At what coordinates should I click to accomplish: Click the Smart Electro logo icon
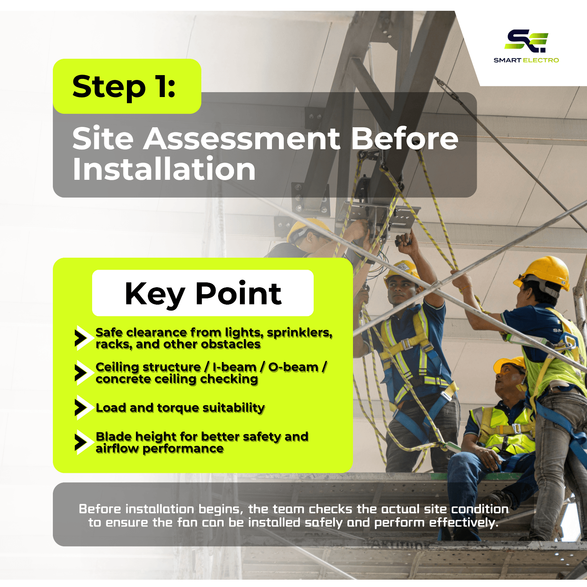[x=526, y=41]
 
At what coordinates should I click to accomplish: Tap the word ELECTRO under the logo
[x=541, y=60]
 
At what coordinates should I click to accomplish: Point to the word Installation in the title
[x=164, y=169]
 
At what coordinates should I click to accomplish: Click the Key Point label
[x=203, y=293]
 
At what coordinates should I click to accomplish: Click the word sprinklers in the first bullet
[x=300, y=333]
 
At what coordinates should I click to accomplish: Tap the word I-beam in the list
[x=235, y=367]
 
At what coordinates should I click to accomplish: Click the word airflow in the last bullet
[x=117, y=449]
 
